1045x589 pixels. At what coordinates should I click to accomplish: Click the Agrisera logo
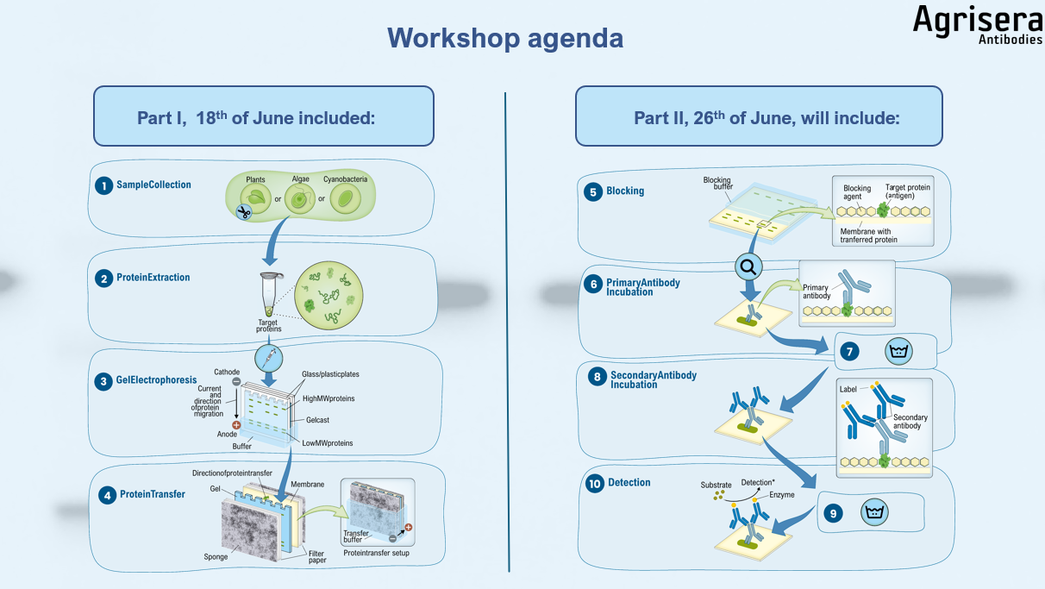pos(977,24)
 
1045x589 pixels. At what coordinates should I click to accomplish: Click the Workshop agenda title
pos(504,38)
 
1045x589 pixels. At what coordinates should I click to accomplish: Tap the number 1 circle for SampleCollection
pos(103,185)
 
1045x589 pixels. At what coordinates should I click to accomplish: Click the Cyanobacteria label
pos(345,179)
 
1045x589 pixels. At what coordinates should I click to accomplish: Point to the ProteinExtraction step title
pos(153,278)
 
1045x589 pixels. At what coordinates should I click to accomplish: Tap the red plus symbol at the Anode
pos(236,425)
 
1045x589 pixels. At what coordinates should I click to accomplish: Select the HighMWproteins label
pos(329,398)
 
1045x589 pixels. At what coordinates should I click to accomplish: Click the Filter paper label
pos(316,556)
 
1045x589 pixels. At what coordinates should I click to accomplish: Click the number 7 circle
pos(850,352)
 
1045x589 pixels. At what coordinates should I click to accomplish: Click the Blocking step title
pos(625,191)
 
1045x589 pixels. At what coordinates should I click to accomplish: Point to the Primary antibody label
pos(817,292)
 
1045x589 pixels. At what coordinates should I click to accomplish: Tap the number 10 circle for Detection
pos(594,484)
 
